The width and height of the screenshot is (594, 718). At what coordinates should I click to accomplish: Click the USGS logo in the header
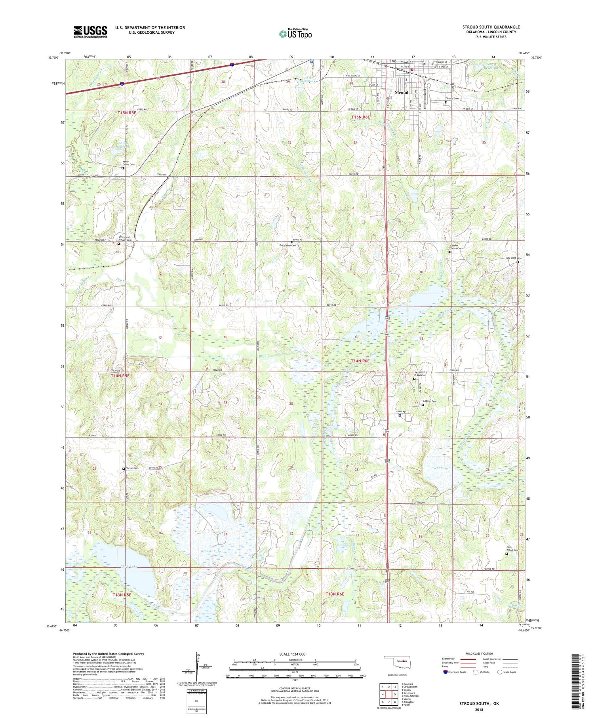90,31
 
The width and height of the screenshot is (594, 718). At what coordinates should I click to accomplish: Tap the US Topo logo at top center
295,34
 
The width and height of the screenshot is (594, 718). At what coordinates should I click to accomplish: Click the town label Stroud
401,92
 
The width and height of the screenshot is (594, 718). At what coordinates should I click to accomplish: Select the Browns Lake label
210,551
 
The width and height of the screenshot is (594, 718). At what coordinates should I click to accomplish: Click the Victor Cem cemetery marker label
132,468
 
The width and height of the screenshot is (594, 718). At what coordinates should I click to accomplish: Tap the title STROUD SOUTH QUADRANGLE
491,27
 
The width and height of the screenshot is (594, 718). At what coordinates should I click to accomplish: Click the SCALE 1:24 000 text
295,654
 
